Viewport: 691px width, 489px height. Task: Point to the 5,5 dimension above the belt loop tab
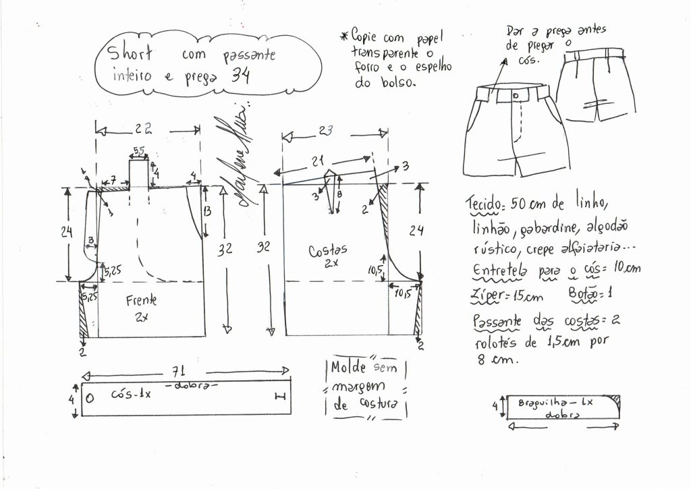coord(138,150)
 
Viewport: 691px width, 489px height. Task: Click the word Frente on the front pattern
coord(140,301)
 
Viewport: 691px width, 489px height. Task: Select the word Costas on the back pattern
coord(329,251)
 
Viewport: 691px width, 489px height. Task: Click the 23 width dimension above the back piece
coord(327,132)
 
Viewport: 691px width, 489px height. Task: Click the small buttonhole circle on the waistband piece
coord(90,395)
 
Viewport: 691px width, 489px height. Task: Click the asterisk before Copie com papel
coord(344,35)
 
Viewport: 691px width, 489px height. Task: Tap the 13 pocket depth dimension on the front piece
coord(207,212)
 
